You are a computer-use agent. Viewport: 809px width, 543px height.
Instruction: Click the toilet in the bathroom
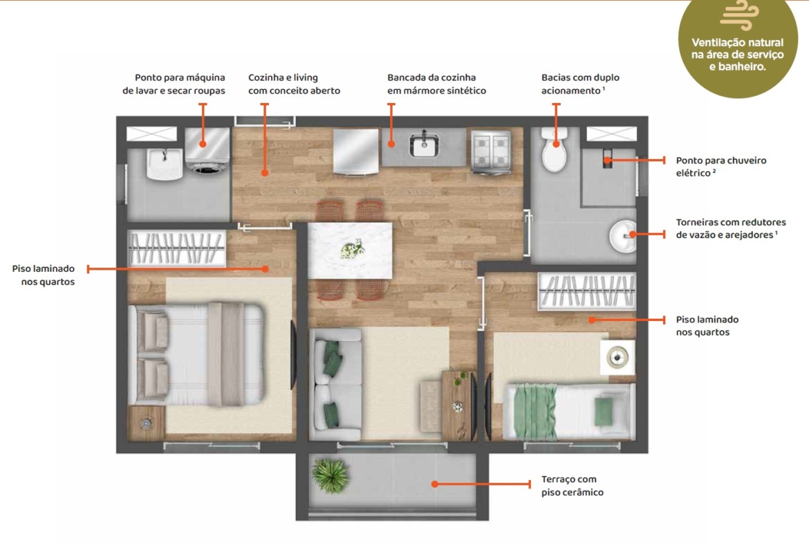554,149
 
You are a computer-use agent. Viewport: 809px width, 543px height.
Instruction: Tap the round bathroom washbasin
622,236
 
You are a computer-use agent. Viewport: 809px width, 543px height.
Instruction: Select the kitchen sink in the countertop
424,144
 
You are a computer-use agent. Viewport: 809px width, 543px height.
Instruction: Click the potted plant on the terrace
331,476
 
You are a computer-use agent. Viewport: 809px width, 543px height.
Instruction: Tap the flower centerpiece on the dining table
353,249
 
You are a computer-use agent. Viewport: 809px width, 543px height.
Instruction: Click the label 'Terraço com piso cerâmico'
573,486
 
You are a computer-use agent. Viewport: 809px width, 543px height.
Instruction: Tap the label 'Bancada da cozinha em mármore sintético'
436,84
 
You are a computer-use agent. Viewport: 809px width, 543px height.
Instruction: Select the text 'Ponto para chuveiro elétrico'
720,166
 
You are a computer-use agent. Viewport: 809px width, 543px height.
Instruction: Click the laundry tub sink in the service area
164,164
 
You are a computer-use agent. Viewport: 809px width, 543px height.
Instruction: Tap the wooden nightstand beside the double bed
147,423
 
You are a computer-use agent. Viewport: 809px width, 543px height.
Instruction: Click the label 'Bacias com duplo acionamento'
580,84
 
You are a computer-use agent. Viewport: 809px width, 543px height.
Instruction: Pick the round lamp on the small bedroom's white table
617,357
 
